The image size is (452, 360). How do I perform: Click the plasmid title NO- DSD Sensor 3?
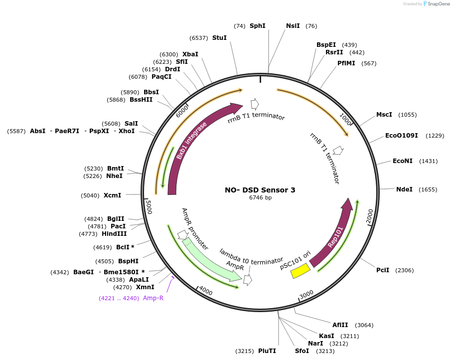coord(260,190)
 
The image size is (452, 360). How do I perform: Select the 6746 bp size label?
coord(260,198)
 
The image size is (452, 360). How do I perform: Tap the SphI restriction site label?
coord(257,25)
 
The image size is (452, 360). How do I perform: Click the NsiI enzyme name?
coord(293,25)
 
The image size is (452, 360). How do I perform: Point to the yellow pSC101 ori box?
coord(301,271)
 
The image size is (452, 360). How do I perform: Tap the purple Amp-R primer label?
coord(153,298)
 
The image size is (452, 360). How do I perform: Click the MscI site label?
coord(384,115)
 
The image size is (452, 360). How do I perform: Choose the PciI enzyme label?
coord(383,270)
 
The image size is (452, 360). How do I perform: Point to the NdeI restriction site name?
coord(404,189)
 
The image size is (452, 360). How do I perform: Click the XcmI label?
coord(112,195)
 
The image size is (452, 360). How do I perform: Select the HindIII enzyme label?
coord(114,234)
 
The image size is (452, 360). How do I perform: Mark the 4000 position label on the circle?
coord(206,290)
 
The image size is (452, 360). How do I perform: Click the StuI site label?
coord(219,38)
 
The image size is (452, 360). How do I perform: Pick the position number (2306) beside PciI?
coord(404,270)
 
